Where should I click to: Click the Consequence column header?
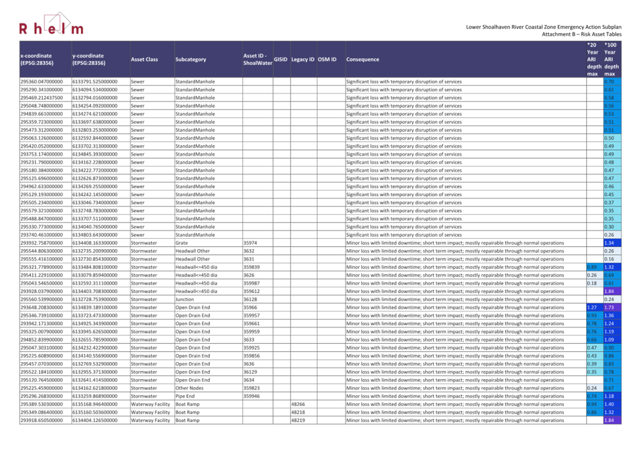(x=363, y=59)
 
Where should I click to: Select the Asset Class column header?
(x=145, y=59)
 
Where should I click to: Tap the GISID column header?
(x=281, y=59)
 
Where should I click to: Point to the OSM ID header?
(x=327, y=59)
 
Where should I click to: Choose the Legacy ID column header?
(x=303, y=59)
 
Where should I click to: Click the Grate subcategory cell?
(x=182, y=243)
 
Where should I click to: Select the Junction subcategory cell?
(x=185, y=299)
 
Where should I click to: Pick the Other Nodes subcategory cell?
(x=189, y=388)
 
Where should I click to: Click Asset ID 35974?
(x=250, y=243)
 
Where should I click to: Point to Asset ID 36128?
(x=250, y=299)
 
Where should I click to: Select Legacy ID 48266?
(x=298, y=404)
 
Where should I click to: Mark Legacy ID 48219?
(x=298, y=420)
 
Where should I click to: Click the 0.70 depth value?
(x=609, y=82)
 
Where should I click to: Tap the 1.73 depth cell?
(x=609, y=308)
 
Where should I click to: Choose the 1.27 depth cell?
(x=592, y=308)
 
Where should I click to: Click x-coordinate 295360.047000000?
(x=42, y=82)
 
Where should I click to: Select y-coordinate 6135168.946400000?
(x=95, y=404)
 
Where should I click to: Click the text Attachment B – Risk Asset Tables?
(x=581, y=35)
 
